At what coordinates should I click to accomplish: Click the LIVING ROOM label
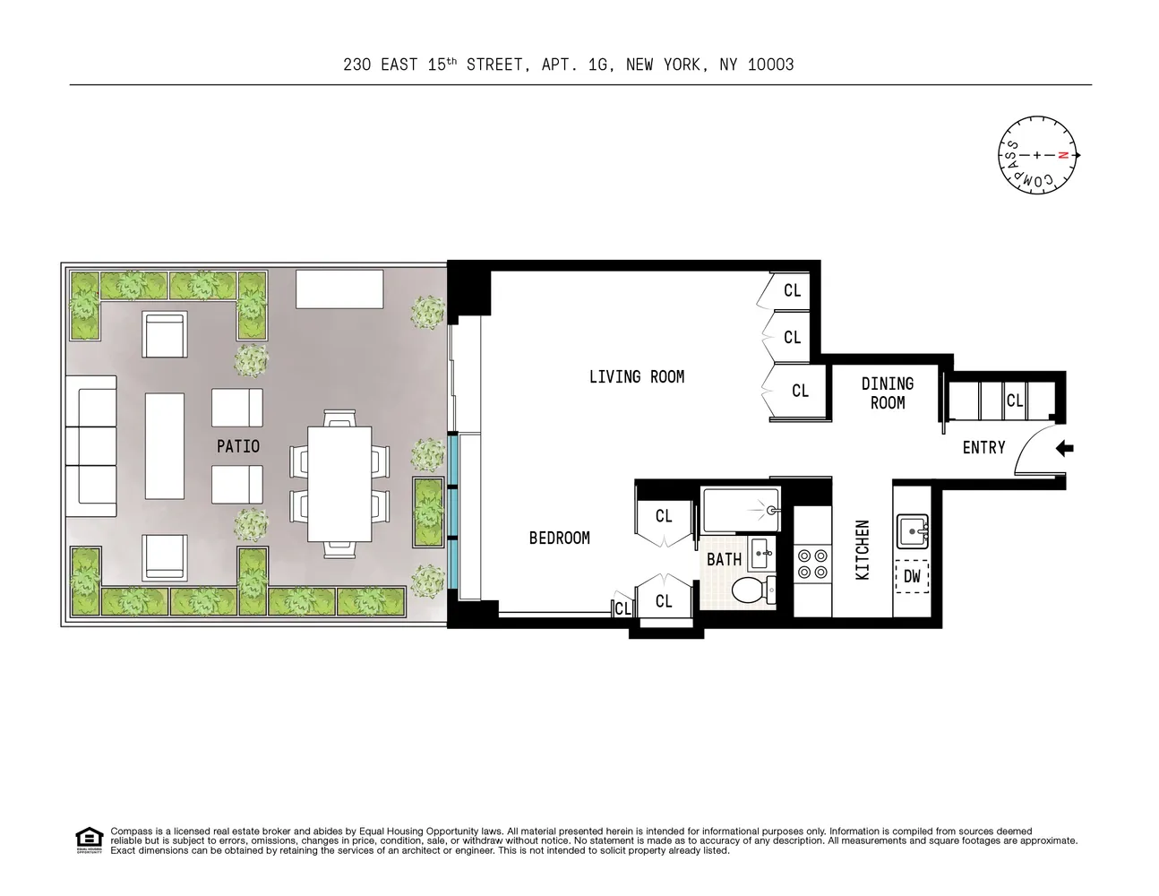[636, 377]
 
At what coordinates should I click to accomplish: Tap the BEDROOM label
[559, 538]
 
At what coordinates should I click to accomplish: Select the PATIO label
[237, 446]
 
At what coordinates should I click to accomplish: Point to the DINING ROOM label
[887, 393]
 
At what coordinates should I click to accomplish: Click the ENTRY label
[983, 447]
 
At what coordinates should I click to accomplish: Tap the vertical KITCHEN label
[863, 550]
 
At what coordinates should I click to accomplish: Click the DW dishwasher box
[912, 576]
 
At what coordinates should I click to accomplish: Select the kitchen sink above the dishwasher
[913, 531]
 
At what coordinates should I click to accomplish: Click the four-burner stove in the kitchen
[812, 563]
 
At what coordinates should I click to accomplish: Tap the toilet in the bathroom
[751, 590]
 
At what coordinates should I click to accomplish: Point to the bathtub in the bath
[740, 510]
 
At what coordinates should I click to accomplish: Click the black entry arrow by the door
[1063, 448]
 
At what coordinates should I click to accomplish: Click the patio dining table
[339, 484]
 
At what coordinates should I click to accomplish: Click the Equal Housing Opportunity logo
[89, 840]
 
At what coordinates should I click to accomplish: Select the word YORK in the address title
[683, 65]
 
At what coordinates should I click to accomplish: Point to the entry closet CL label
[1014, 400]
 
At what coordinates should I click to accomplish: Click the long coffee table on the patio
[164, 446]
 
